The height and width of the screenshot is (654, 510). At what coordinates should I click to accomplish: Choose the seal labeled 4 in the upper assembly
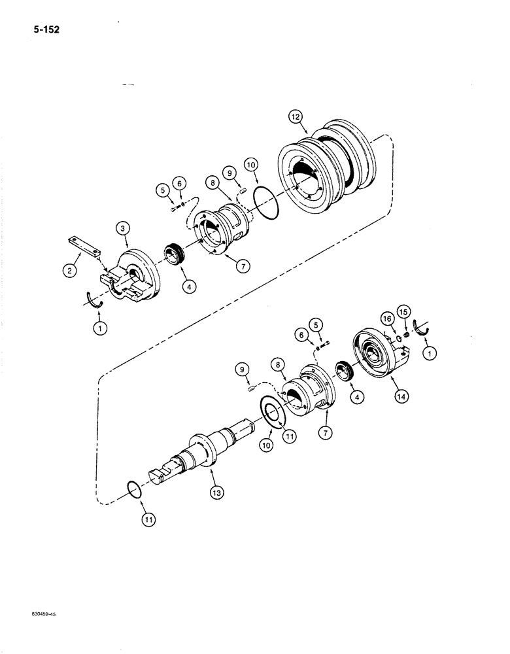[x=173, y=254]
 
